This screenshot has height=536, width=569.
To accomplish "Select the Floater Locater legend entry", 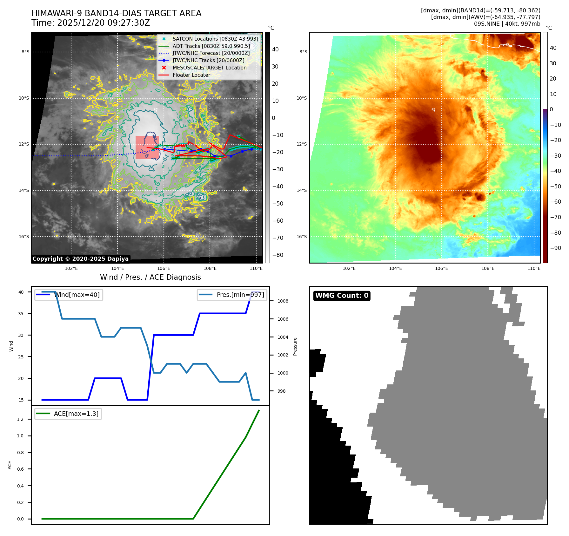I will pyautogui.click(x=191, y=75).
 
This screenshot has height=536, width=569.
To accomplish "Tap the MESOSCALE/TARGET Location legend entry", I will pyautogui.click(x=209, y=68).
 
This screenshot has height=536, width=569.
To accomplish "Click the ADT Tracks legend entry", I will pyautogui.click(x=211, y=46).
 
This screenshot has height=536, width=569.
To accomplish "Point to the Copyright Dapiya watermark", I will pyautogui.click(x=80, y=259).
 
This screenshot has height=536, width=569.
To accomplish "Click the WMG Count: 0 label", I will pyautogui.click(x=342, y=296).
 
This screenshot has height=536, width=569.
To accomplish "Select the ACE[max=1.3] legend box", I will pyautogui.click(x=68, y=414).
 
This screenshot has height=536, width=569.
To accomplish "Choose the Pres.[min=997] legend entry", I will pyautogui.click(x=232, y=295).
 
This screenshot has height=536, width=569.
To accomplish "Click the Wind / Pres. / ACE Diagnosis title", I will pyautogui.click(x=150, y=277).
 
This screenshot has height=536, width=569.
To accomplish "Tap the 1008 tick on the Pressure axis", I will pyautogui.click(x=283, y=301).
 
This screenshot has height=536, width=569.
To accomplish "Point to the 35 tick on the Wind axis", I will pyautogui.click(x=21, y=314).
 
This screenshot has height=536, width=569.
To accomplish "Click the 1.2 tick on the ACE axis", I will pyautogui.click(x=20, y=419).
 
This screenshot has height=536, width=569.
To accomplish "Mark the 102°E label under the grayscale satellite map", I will pyautogui.click(x=71, y=268).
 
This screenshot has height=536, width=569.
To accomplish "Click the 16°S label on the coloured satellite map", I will pyautogui.click(x=302, y=237).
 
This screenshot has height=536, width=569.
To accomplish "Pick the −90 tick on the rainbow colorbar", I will pyautogui.click(x=555, y=248).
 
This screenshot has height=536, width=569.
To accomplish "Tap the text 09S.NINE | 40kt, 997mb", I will pyautogui.click(x=507, y=24).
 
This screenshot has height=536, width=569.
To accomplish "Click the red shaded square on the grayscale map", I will pyautogui.click(x=147, y=147).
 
